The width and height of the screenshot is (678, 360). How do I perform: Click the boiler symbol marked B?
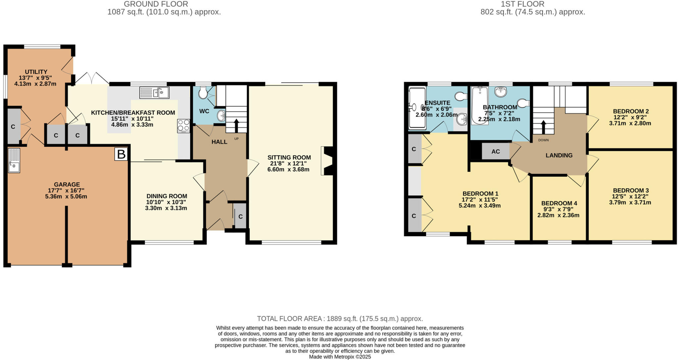pos(121,154)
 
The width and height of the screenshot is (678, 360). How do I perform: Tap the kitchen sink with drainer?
pos(154,92)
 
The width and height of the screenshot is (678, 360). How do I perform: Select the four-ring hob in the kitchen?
pos(183,126)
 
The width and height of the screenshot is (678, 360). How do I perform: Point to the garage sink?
pos(14,160)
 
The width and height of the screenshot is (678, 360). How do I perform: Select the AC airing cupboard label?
pos(495,152)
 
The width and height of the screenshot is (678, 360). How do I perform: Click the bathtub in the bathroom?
pos(479,105)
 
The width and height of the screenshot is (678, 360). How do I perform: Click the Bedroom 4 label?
pos(559,203)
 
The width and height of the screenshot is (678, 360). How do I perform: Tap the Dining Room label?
pos(167,196)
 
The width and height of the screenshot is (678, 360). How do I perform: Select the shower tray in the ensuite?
pos(417,108)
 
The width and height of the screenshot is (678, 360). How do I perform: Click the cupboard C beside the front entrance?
pos(240,216)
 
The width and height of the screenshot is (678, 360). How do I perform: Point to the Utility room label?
pos(36,72)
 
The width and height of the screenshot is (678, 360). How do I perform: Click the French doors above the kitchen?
pos(92,78)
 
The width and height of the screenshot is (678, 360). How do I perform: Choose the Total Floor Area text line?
pos(340,319)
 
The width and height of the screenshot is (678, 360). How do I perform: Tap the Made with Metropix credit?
pos(340,357)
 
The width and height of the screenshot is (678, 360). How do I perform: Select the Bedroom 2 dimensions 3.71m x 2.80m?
pos(630,123)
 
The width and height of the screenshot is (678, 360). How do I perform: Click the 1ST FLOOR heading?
pos(532,4)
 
